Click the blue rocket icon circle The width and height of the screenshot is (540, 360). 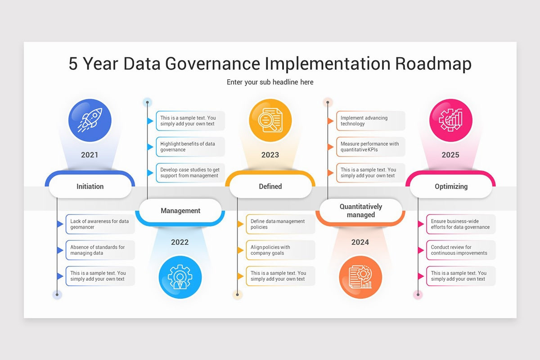90,120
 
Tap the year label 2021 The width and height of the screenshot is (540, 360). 90,155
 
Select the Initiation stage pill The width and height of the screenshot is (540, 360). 90,186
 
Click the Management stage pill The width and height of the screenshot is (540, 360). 180,211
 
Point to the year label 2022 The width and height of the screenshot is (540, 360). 180,242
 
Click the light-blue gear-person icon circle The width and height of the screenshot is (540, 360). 180,277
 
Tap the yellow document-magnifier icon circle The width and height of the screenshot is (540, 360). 270,120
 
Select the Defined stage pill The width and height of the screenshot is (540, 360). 270,186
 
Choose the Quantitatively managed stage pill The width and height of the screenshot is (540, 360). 361,211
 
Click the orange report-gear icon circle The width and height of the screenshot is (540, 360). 360,277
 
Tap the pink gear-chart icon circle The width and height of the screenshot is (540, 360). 450,120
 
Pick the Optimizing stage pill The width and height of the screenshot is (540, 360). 451,186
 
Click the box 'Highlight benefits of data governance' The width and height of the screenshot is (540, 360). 190,147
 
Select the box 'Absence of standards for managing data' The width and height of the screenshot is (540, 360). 100,250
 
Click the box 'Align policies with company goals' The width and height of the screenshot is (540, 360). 280,250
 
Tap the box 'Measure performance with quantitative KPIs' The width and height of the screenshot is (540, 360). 370,147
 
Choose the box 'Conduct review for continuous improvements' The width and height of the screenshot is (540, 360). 460,250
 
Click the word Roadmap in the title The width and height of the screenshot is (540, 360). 433,63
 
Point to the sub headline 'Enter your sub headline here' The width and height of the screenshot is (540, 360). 270,82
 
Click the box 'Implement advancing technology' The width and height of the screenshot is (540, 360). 370,121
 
